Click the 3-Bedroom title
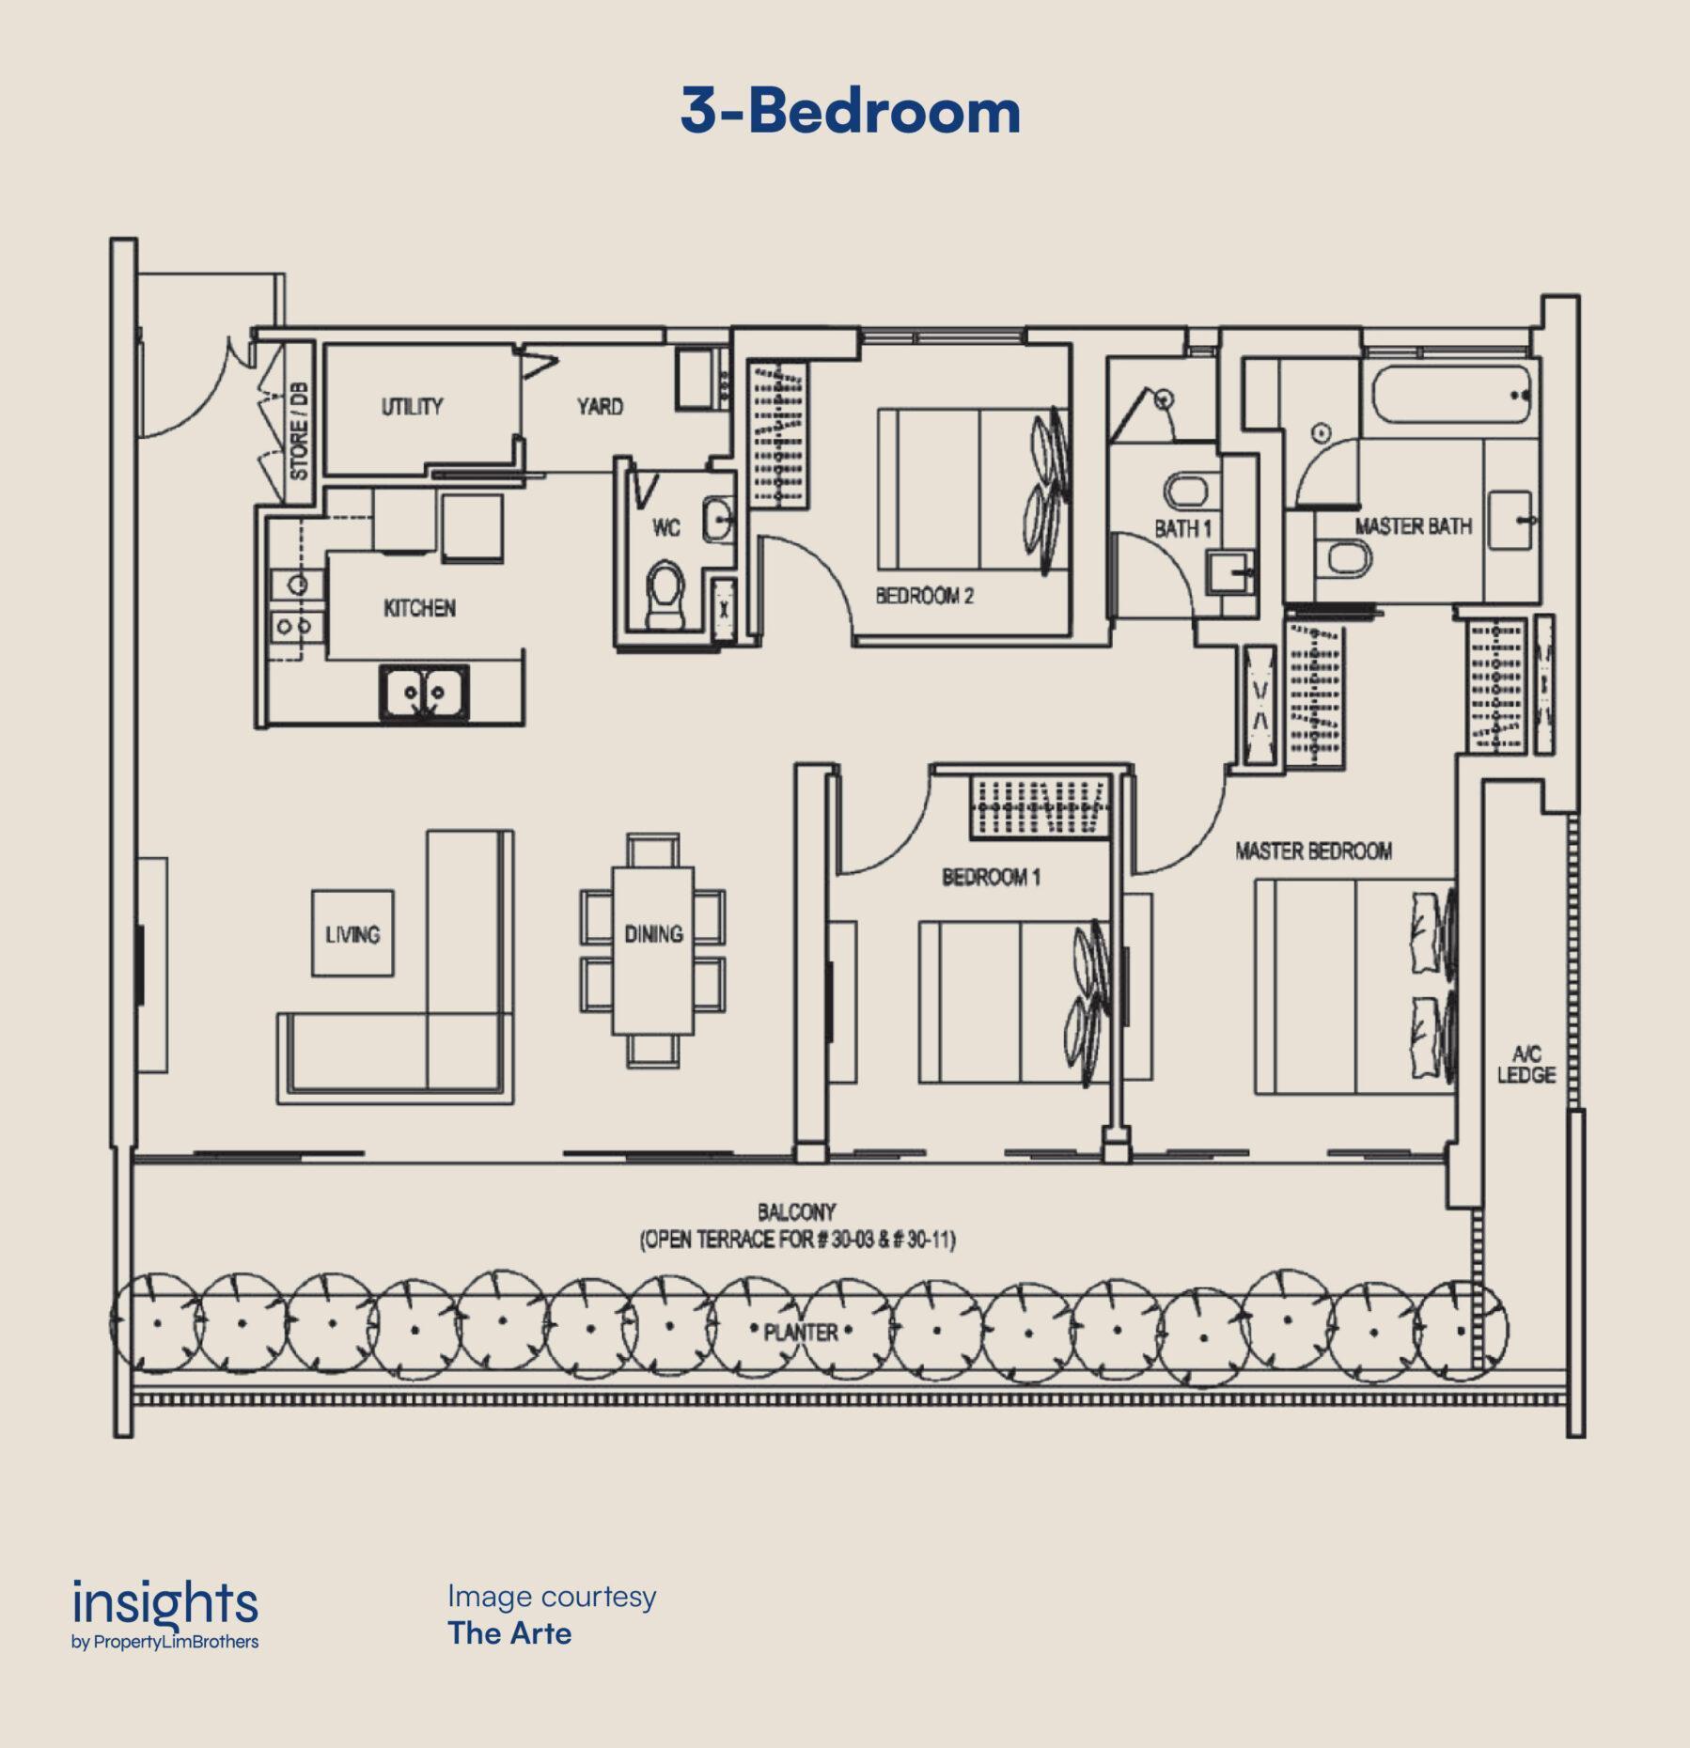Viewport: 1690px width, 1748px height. click(x=850, y=111)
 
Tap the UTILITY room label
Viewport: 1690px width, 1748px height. click(x=412, y=407)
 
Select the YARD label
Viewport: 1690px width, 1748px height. click(x=600, y=406)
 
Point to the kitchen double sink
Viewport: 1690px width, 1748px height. click(x=424, y=694)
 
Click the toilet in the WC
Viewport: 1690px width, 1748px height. click(x=666, y=595)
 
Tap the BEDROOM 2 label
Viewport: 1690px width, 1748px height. click(x=924, y=596)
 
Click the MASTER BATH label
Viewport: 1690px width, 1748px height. click(x=1413, y=526)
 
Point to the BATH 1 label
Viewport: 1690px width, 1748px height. click(x=1182, y=528)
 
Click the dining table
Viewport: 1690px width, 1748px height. click(x=653, y=950)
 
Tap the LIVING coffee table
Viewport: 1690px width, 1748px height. click(x=352, y=933)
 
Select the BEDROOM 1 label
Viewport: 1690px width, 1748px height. click(x=991, y=878)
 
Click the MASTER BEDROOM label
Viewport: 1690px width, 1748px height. click(x=1313, y=851)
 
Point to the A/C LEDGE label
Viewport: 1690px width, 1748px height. click(x=1526, y=1065)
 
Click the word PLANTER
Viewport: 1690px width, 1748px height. click(x=801, y=1333)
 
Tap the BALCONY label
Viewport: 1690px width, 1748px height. click(x=796, y=1212)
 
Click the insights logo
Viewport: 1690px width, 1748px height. click(x=165, y=1615)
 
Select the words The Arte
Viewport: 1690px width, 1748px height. click(x=509, y=1633)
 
